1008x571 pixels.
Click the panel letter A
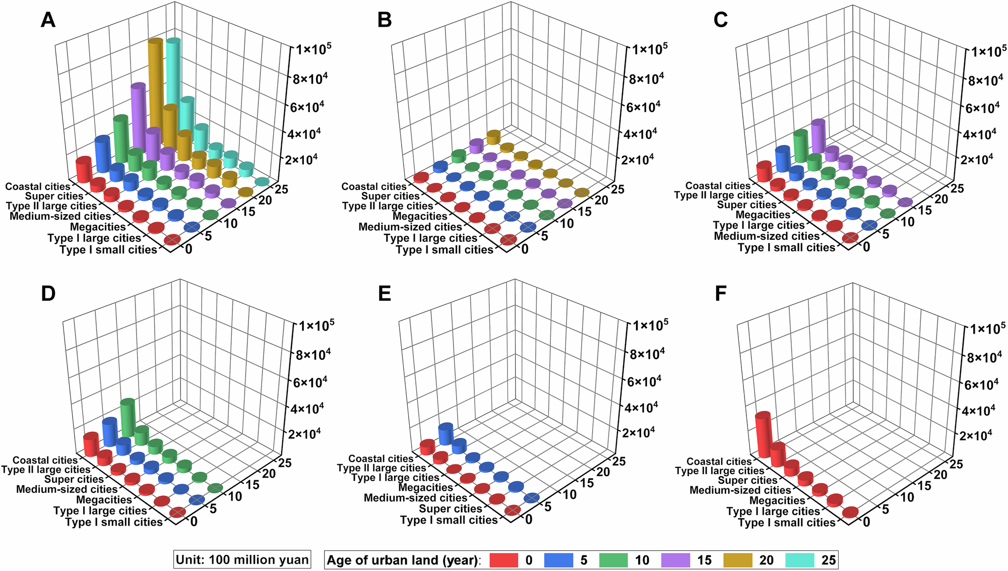[x=48, y=20]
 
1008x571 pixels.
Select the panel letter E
[x=385, y=293]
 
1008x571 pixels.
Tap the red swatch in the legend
[x=503, y=560]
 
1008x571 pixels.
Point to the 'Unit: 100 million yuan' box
[x=242, y=560]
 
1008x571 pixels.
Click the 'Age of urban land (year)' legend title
[x=404, y=560]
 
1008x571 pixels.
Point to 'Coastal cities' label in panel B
[x=374, y=186]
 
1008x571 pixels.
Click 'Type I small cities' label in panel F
[x=787, y=523]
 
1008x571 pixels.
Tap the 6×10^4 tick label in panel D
[x=310, y=382]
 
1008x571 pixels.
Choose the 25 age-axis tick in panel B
[x=617, y=189]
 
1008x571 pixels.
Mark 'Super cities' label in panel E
[x=451, y=509]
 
